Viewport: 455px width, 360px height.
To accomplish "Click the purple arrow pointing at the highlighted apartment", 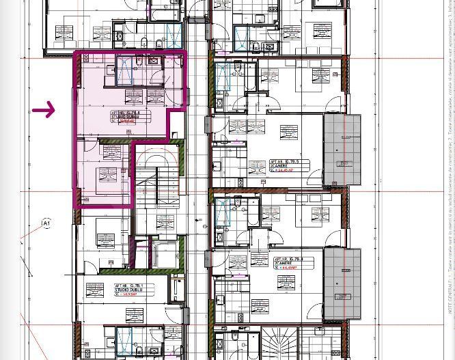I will [43, 109].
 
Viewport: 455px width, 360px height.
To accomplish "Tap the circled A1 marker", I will [46, 223].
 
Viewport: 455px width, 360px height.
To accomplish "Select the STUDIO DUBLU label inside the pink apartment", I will [125, 117].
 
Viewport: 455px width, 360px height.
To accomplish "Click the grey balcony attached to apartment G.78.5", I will [342, 150].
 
